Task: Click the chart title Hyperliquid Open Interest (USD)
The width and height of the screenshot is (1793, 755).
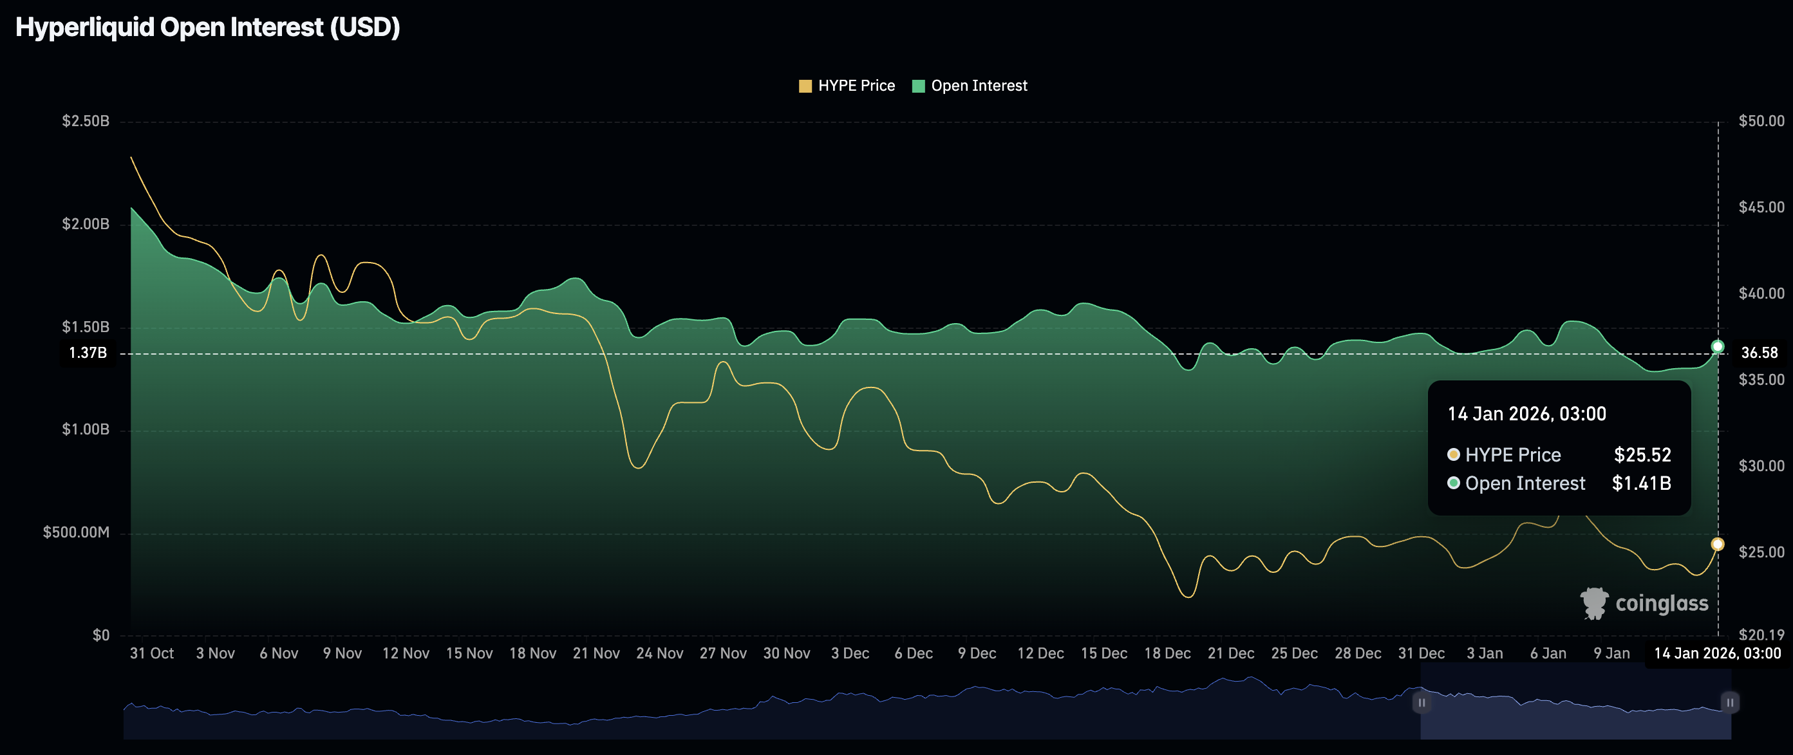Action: [x=207, y=28]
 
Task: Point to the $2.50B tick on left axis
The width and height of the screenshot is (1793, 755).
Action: [x=86, y=121]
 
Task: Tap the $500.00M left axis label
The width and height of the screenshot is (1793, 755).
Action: [x=76, y=532]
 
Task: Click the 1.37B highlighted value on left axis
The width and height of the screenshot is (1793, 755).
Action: [x=88, y=353]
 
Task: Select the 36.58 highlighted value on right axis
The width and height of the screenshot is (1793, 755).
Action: [x=1759, y=353]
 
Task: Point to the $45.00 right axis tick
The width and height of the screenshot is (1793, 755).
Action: [x=1761, y=207]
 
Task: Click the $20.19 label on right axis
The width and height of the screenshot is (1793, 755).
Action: [x=1761, y=635]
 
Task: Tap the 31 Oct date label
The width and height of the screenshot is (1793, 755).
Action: [x=152, y=653]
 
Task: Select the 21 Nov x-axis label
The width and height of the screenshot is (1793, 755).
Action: [x=596, y=653]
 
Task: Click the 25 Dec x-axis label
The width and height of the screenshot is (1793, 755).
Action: [x=1294, y=653]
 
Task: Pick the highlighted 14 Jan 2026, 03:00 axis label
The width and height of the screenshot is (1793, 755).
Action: [x=1717, y=653]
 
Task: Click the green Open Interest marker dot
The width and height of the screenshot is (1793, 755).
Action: [x=1717, y=346]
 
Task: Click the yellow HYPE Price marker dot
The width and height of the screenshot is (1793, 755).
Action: [x=1717, y=544]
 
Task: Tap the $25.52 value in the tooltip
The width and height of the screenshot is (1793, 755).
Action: [x=1642, y=455]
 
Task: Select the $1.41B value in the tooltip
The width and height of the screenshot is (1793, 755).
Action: [x=1640, y=483]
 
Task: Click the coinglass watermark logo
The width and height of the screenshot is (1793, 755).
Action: [x=1644, y=603]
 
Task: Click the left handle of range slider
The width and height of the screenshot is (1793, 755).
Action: [x=1422, y=703]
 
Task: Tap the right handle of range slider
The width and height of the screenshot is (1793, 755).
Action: [x=1730, y=703]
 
